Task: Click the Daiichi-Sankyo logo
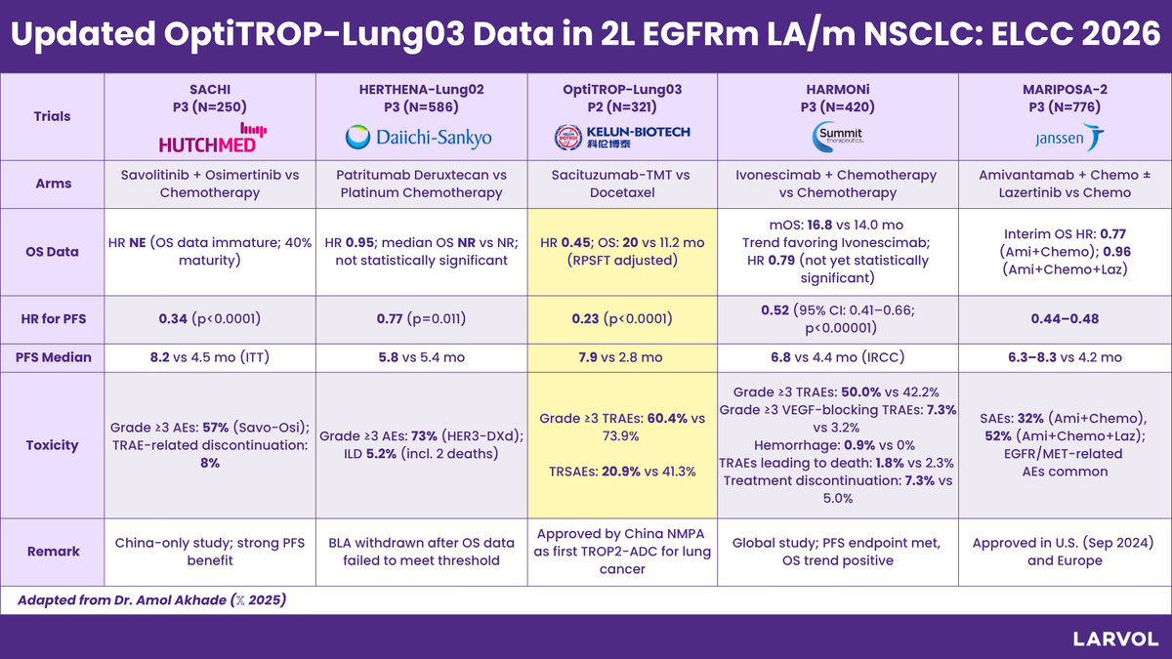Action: click(420, 138)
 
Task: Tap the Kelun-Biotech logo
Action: click(622, 137)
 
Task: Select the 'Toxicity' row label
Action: click(53, 445)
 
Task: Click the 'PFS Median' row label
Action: click(53, 357)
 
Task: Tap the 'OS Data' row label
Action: click(53, 251)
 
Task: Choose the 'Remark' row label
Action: click(53, 551)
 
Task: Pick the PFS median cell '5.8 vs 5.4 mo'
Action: click(420, 357)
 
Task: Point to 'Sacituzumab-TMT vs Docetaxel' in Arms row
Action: click(622, 184)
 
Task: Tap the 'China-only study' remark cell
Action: click(212, 551)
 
